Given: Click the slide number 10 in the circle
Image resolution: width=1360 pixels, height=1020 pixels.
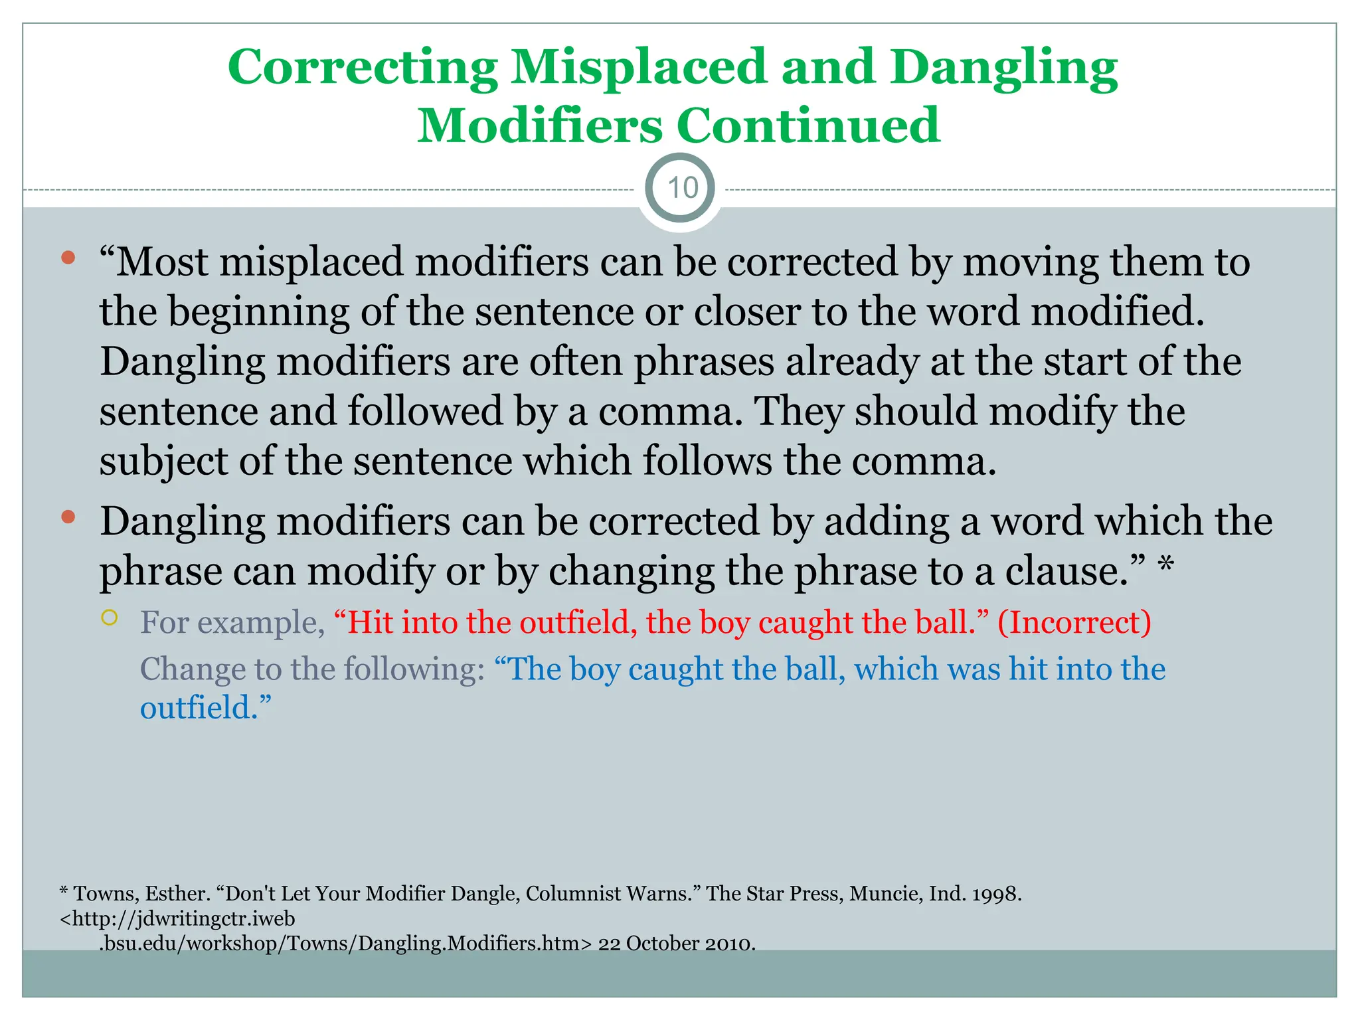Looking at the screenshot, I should click(682, 188).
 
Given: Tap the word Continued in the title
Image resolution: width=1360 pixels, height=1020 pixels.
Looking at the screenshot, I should click(807, 126).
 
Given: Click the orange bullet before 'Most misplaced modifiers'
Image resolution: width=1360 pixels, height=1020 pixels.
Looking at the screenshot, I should click(68, 258).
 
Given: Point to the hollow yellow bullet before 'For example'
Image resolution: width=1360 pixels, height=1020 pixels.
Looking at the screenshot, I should click(110, 618).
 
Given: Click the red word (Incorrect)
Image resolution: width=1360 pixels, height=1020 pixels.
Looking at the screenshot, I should click(1074, 622).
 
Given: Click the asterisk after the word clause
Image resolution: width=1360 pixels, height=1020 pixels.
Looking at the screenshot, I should click(1165, 566).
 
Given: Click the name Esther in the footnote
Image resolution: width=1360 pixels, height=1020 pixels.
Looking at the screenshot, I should click(177, 894).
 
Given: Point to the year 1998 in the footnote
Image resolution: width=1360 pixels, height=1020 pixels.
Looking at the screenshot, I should click(996, 894).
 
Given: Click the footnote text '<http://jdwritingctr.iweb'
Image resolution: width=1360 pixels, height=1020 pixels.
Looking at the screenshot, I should click(177, 918).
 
